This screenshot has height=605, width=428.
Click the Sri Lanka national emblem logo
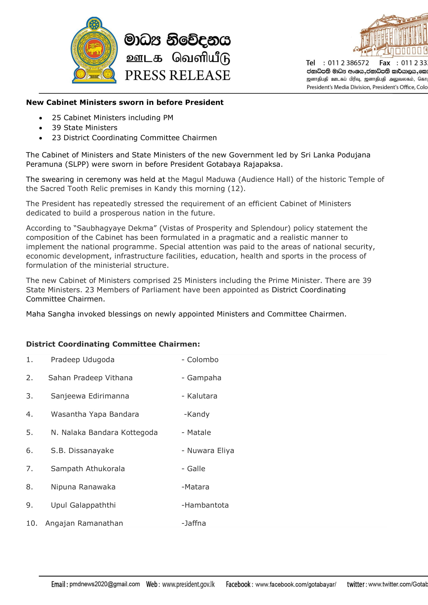pos(94,50)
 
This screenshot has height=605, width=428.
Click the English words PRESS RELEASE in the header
pos(177,75)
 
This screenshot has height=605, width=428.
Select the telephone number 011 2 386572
pos(348,63)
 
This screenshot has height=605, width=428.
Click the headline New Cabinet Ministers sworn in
pos(125,102)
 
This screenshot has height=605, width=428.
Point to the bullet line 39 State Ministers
pos(85,128)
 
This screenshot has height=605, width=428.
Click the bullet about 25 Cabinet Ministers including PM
pos(113,117)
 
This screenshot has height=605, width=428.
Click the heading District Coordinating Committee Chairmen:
pos(113,344)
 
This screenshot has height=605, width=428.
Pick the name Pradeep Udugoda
pos(83,360)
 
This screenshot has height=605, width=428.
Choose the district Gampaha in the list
pos(204,378)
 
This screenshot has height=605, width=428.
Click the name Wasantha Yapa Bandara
pos(95,414)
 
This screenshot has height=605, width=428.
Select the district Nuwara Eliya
pos(210,450)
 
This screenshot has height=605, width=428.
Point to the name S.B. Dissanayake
pos(82,450)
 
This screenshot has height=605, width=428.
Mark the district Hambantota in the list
pos(206,505)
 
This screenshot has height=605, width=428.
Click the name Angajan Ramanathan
pos(84,523)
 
